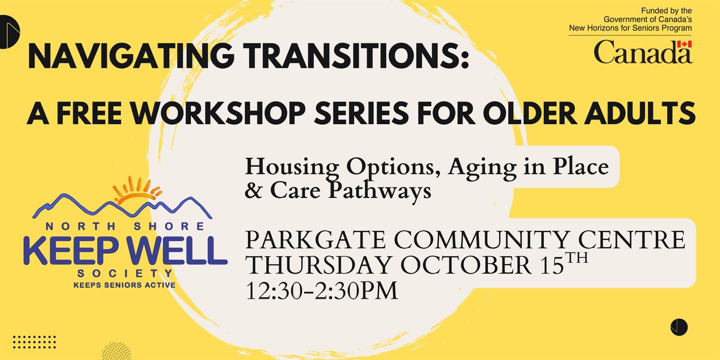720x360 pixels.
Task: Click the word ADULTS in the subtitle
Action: click(x=640, y=113)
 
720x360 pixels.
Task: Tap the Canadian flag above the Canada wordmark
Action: click(x=685, y=44)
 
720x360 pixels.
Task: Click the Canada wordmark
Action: click(x=643, y=52)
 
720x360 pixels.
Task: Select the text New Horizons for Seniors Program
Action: click(x=631, y=28)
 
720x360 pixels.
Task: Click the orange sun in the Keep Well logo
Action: click(x=137, y=191)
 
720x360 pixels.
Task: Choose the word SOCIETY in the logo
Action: click(x=125, y=274)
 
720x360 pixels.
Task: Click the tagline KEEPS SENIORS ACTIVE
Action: click(x=125, y=285)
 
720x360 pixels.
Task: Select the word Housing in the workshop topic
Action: click(x=292, y=168)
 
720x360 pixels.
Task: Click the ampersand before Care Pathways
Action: click(x=253, y=190)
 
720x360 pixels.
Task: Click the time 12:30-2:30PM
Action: click(x=322, y=291)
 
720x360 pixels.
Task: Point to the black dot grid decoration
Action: click(x=34, y=342)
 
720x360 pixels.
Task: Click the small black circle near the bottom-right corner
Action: click(x=679, y=327)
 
